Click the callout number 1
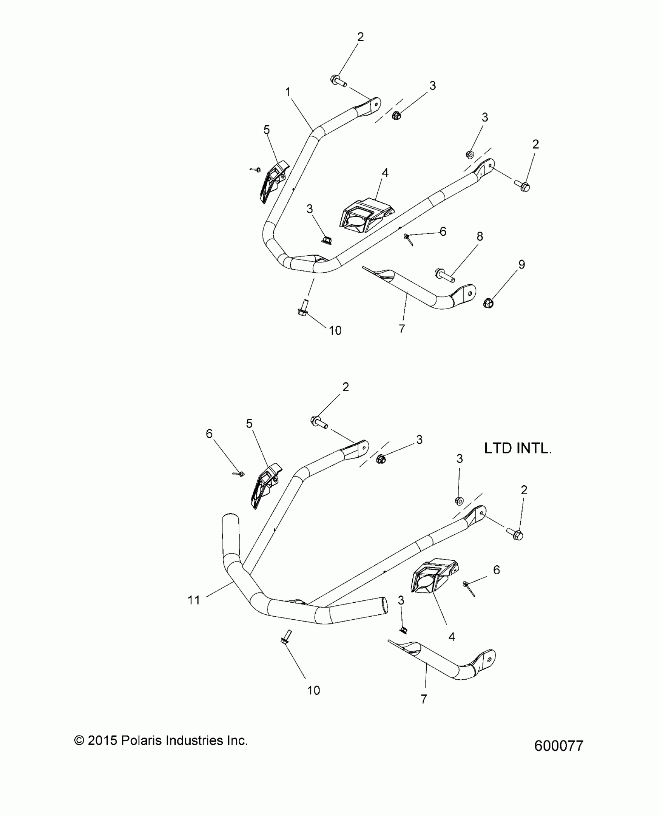(288, 92)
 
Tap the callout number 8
(480, 236)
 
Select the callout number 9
(522, 264)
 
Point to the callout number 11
(194, 600)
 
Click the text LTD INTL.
(518, 448)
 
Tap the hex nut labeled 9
(488, 302)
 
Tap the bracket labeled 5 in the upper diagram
(275, 181)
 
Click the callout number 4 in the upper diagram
(385, 173)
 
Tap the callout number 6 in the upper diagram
(443, 232)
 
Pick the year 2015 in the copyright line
(102, 741)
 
